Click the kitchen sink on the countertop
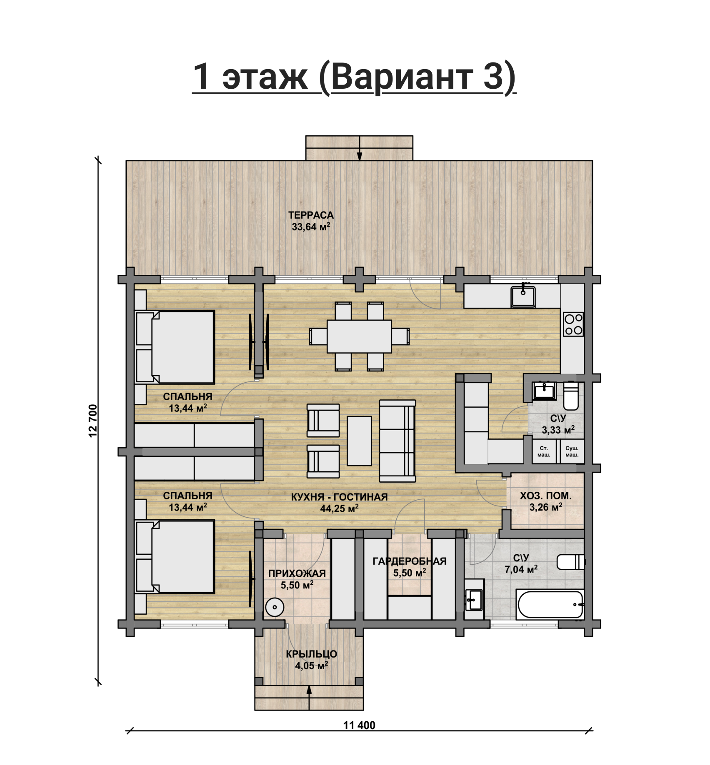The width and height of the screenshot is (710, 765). coord(523,294)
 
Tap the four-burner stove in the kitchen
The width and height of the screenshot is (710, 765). coord(573,324)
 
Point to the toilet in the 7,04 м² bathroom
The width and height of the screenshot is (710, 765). coord(571,562)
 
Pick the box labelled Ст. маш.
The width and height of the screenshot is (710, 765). coord(544,451)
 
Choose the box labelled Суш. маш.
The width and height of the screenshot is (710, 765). coord(571,451)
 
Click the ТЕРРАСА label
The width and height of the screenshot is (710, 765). coord(311,215)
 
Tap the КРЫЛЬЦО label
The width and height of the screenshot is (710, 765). coord(311,654)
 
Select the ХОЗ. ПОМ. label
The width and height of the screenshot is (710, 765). coord(545,496)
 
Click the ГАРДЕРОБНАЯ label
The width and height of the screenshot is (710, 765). coord(409,561)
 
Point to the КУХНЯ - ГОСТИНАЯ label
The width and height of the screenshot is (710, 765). coord(339,497)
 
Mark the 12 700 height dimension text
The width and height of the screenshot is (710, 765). coord(92,421)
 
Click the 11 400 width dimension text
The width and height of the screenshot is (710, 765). coord(359,725)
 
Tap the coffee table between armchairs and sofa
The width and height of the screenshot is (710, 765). coord(359,441)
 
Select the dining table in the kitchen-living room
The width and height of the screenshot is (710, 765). coord(359,336)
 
